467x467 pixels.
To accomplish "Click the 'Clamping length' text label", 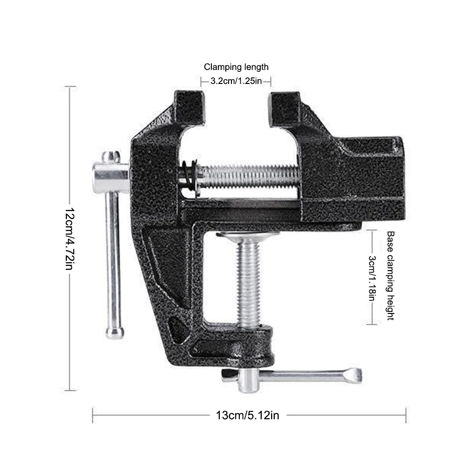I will pos(236,67).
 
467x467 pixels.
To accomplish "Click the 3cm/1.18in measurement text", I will pos(372,278).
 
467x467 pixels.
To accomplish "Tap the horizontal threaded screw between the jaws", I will pos(252,176).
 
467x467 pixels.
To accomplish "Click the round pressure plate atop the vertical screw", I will pos(248,237).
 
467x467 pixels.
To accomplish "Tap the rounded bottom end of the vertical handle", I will pos(114,333).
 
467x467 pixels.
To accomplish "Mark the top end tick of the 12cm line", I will pos(70,87).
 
